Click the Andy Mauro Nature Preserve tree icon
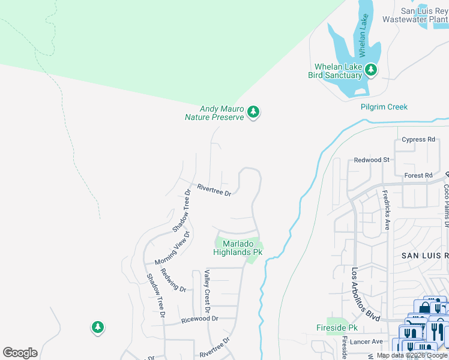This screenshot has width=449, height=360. tap(253, 112)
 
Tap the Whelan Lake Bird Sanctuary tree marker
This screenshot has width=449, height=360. tap(372, 70)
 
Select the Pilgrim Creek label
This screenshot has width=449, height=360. tap(384, 107)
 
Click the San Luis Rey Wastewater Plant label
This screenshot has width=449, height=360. tap(424, 15)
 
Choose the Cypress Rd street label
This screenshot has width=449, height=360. tap(418, 140)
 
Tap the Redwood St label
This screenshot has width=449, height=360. tap(372, 160)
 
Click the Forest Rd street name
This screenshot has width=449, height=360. tap(418, 175)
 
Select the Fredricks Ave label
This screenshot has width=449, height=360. tap(387, 210)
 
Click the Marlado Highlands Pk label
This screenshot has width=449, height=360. tap(238, 248)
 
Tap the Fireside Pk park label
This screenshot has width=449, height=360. tap(337, 328)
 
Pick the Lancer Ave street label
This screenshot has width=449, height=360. tap(368, 341)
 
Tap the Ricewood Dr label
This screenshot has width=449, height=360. tap(200, 319)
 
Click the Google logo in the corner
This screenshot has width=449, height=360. tap(20, 353)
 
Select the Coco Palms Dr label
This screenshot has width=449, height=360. tap(446, 204)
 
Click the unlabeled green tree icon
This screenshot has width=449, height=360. tap(97, 327)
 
